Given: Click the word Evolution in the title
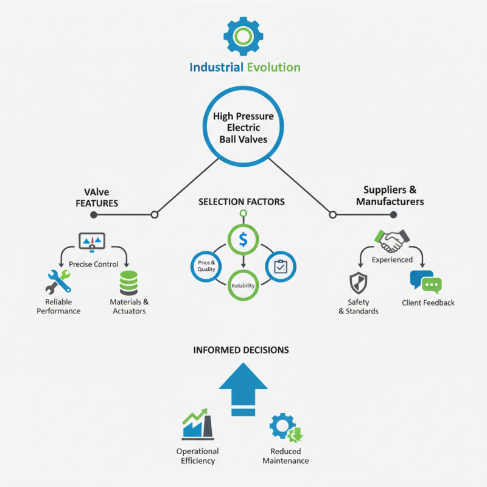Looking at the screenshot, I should point(273,66).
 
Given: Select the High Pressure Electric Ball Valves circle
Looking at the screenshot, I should point(243,127).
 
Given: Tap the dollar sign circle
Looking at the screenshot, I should point(243,239).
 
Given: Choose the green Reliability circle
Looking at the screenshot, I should point(243,285).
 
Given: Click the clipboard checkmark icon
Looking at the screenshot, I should point(281,267).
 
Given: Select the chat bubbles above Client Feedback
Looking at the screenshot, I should point(426,282).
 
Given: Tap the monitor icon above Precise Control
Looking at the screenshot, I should point(92,241).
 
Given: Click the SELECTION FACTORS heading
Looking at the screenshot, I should point(242,201).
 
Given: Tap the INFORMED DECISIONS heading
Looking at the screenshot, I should point(241,350).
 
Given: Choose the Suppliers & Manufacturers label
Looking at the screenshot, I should point(390,195).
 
